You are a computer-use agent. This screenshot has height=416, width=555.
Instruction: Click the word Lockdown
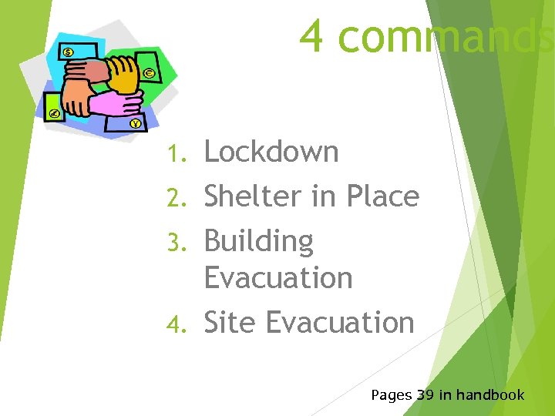(x=271, y=152)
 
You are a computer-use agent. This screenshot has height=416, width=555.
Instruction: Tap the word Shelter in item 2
(x=248, y=196)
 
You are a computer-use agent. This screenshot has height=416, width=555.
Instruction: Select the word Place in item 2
(x=382, y=196)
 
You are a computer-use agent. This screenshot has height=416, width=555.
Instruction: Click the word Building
(x=258, y=242)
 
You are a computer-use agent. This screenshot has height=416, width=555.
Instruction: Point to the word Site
(x=228, y=322)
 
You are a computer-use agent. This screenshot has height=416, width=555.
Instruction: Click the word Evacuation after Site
(x=340, y=322)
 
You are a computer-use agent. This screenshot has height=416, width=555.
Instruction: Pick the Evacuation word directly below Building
(x=277, y=277)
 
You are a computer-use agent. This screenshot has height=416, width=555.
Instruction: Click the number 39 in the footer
(x=425, y=395)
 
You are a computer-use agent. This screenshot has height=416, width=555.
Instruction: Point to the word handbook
(x=490, y=395)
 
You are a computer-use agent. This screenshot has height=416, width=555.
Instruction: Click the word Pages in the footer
(x=391, y=396)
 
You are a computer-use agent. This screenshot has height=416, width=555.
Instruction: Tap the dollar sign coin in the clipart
(x=69, y=52)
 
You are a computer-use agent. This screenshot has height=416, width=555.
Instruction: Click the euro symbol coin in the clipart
(x=149, y=73)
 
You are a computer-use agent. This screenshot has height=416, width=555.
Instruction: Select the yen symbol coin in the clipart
(x=136, y=123)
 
